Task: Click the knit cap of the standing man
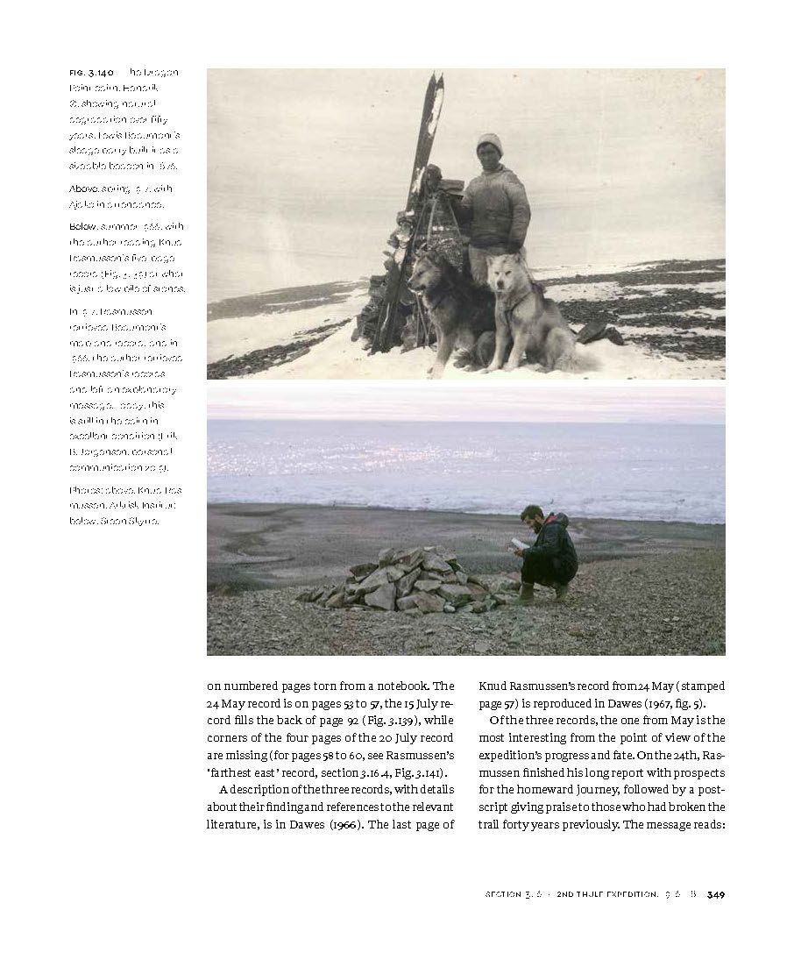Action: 489,143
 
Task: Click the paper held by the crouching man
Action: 520,544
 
